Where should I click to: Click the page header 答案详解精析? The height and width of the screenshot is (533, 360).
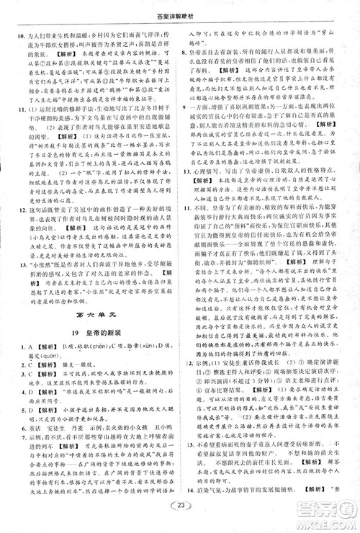coord(180,9)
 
